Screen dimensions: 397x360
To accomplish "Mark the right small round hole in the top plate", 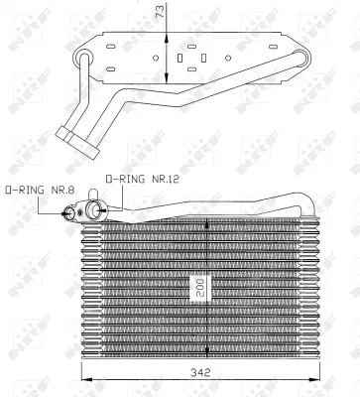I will coord(228,57).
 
